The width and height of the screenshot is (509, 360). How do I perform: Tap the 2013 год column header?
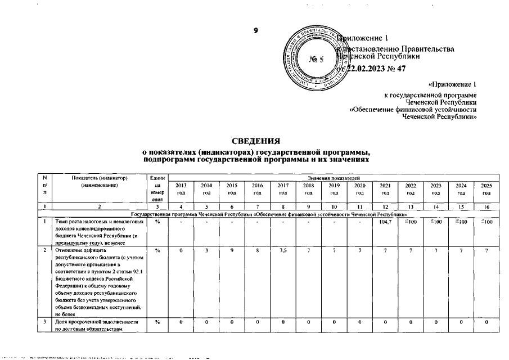(181, 188)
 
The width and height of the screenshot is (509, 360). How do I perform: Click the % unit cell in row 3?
(157, 322)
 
